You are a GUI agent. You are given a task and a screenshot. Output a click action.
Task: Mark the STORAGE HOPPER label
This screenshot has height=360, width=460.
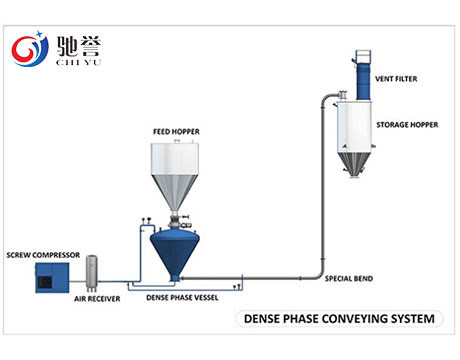[408, 127]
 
